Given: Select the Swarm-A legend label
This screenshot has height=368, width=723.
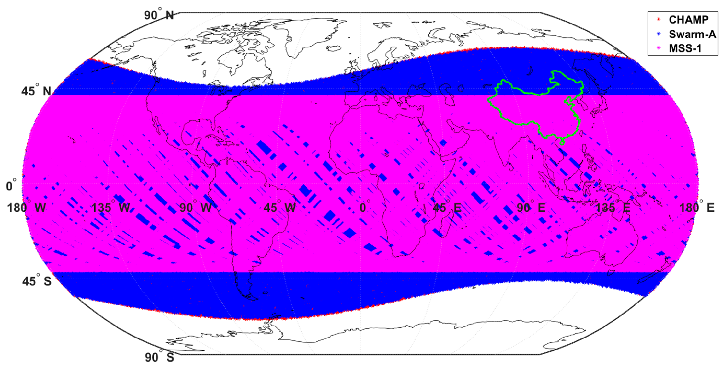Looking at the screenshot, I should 692,34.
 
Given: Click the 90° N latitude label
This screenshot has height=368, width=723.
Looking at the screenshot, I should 159,15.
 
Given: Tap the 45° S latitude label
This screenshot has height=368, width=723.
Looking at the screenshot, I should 37,281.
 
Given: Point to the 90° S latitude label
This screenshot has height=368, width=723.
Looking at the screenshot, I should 159,357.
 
